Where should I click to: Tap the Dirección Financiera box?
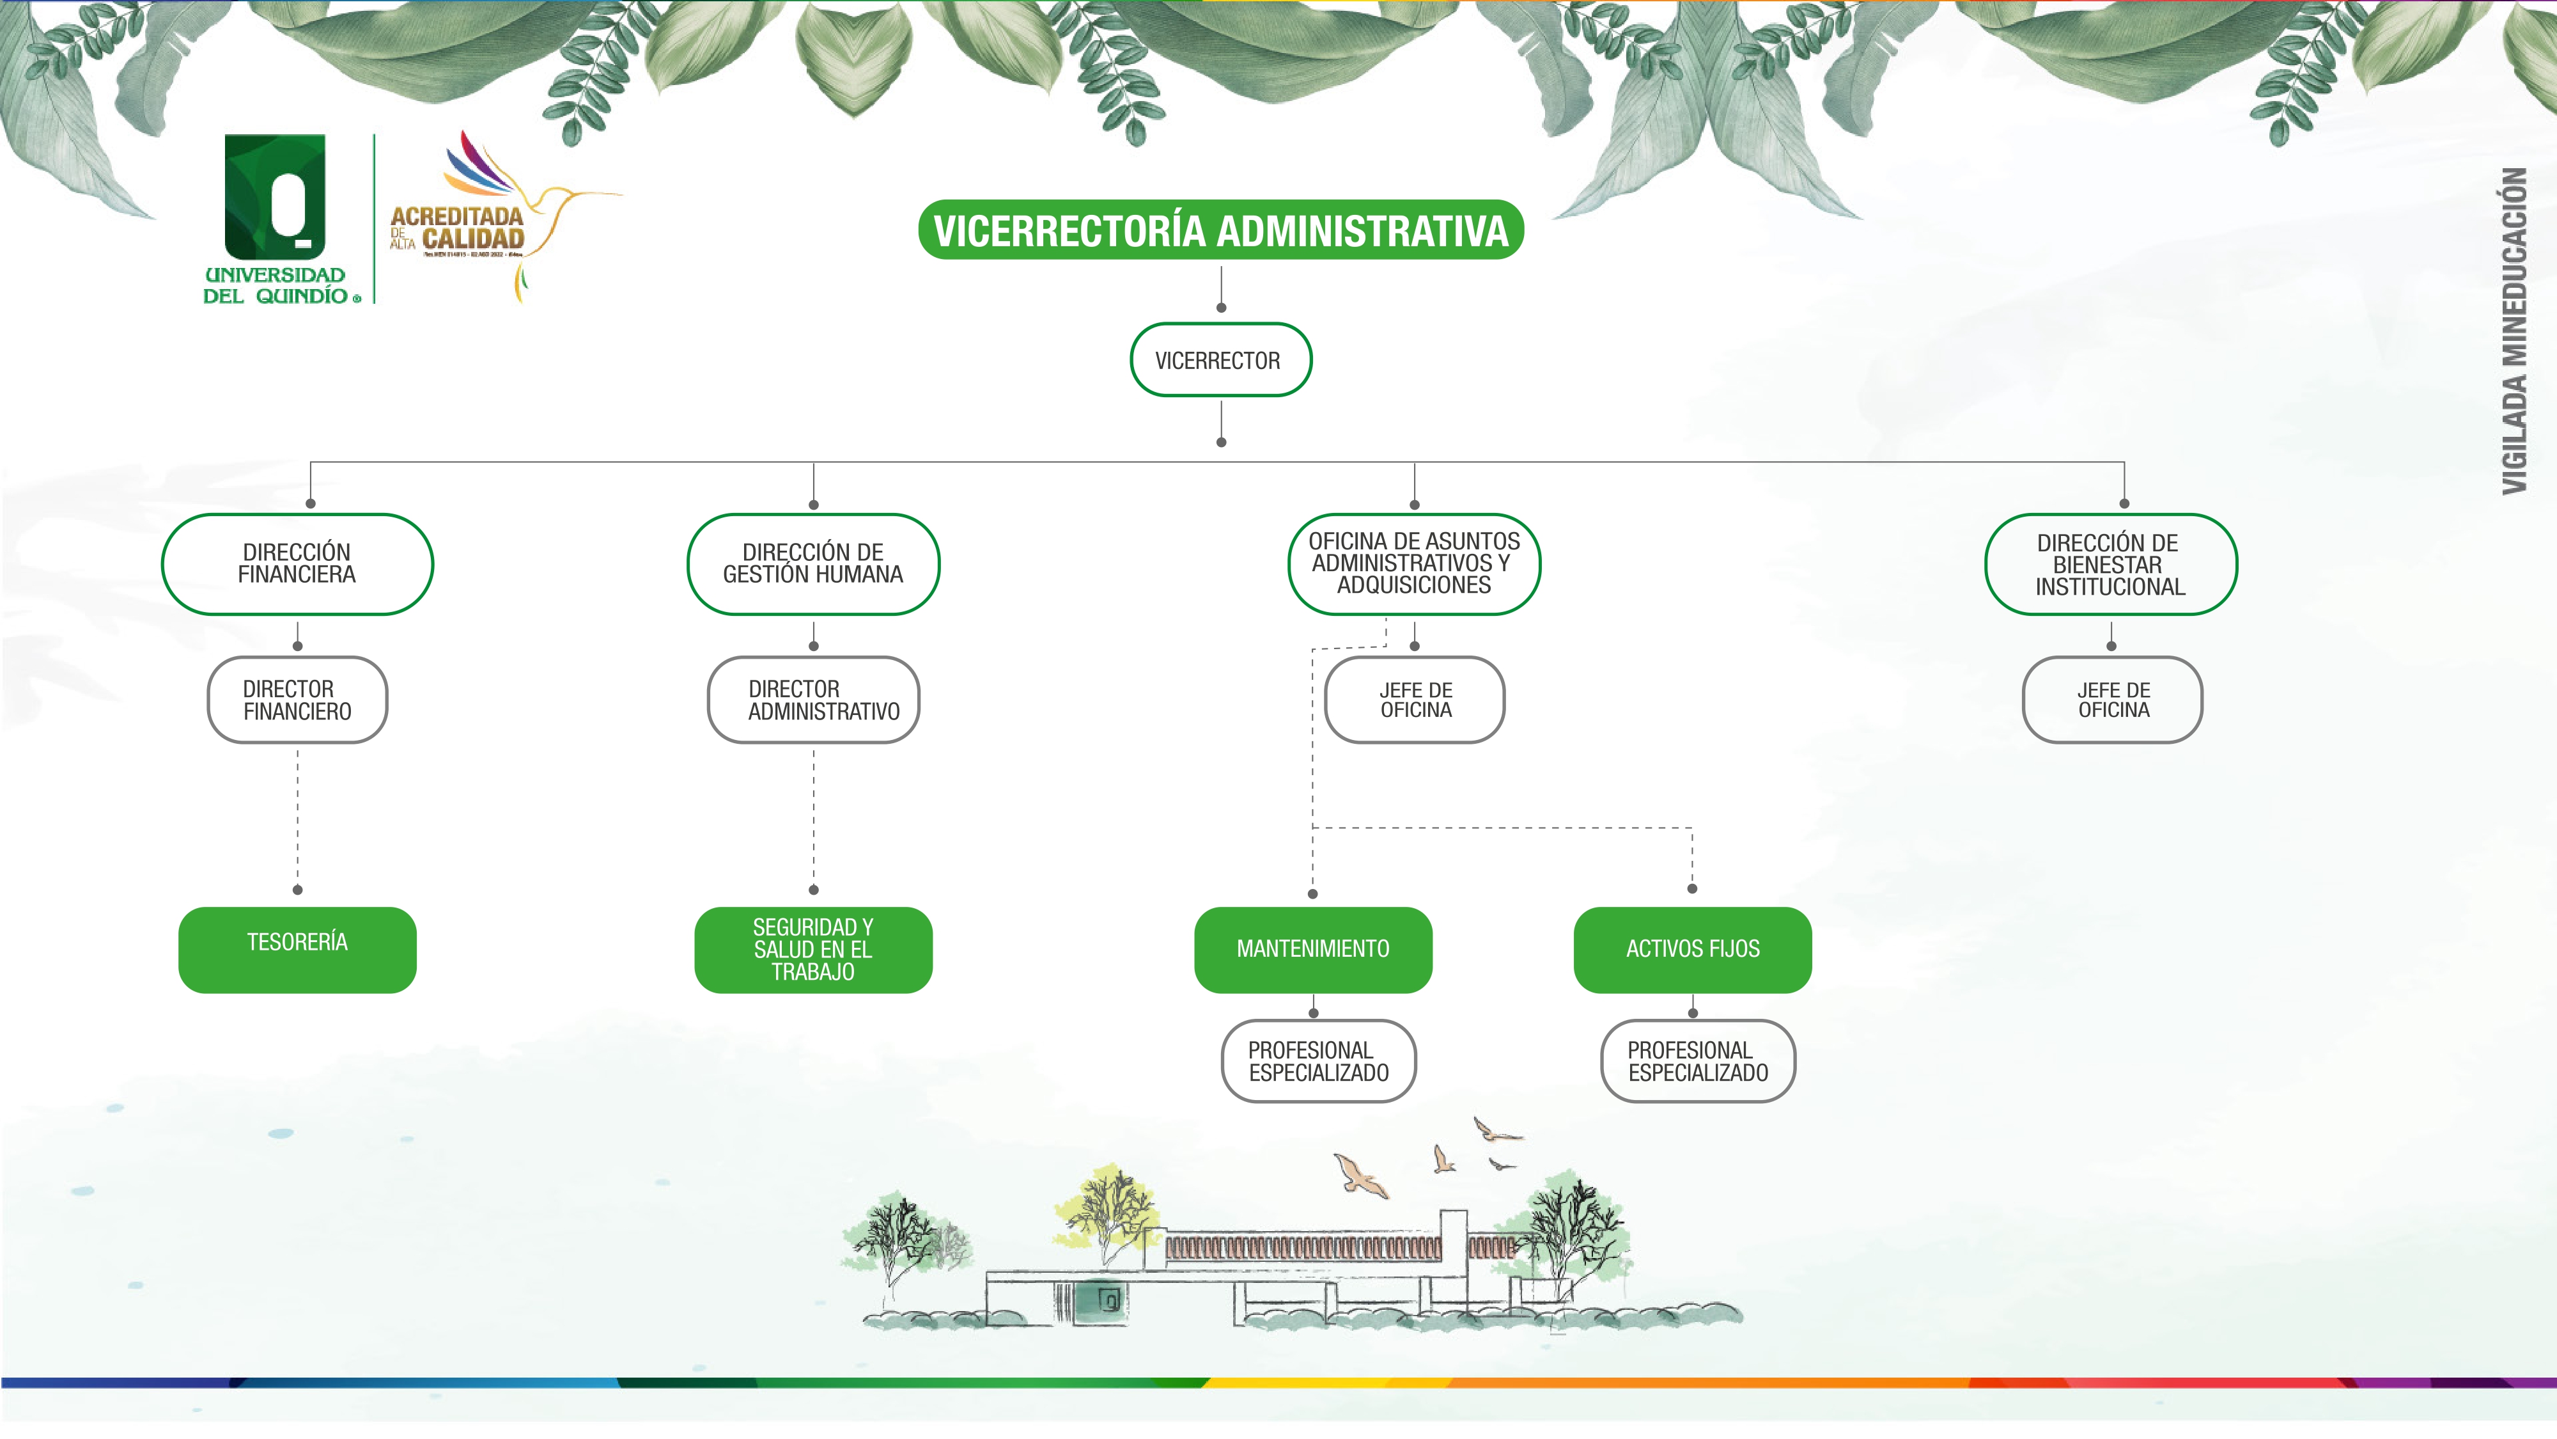[297, 564]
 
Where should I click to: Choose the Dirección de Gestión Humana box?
[813, 564]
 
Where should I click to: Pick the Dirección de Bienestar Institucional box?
[2110, 564]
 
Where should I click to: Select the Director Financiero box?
[297, 700]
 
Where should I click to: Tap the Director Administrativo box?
[813, 700]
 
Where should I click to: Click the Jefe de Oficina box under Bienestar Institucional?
[2112, 700]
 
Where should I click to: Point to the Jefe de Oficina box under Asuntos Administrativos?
[1415, 700]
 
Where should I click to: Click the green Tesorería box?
[297, 949]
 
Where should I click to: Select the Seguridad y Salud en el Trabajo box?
[813, 949]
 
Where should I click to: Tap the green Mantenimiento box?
[1312, 949]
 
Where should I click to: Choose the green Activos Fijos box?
[1693, 949]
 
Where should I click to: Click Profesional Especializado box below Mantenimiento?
[1318, 1062]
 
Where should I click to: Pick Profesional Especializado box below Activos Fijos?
[1697, 1062]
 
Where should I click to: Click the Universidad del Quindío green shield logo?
[275, 196]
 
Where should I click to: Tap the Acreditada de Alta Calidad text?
[458, 228]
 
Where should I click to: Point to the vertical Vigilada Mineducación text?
[2514, 331]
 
